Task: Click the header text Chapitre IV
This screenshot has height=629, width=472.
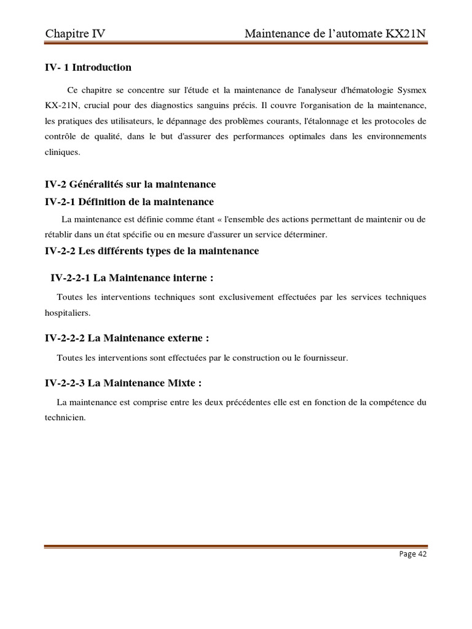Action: [75, 34]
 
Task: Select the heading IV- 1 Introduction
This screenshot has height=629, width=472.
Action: [88, 68]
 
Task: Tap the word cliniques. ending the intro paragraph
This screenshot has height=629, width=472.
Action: [62, 151]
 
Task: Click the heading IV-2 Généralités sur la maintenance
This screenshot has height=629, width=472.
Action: [130, 184]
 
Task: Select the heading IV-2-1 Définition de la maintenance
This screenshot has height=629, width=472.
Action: [129, 201]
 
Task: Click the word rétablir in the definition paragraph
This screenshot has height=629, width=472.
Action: [59, 235]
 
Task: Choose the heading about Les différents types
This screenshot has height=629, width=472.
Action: [152, 251]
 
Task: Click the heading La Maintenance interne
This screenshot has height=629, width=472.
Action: [132, 278]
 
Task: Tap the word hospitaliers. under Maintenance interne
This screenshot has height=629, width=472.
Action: [68, 313]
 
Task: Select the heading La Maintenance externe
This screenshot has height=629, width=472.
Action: [127, 338]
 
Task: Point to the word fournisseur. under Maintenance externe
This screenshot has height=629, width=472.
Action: [324, 357]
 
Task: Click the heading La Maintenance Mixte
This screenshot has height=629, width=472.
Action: [124, 383]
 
